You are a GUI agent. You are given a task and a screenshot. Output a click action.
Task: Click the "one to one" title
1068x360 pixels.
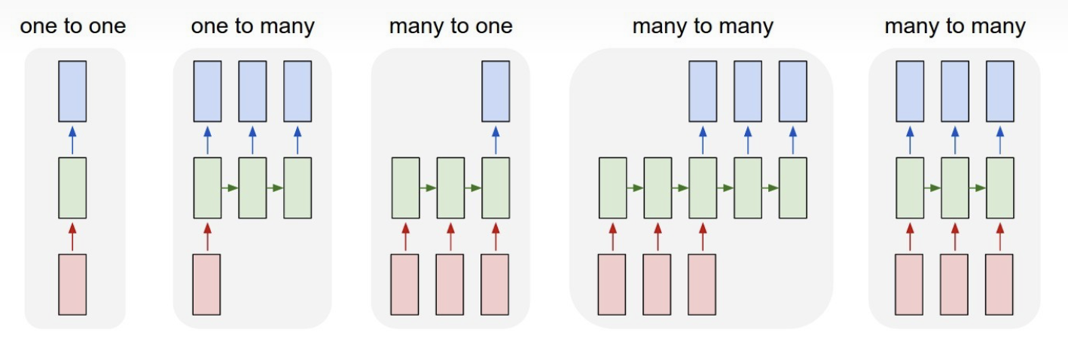point(73,27)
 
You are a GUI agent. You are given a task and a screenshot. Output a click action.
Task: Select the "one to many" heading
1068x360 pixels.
point(252,27)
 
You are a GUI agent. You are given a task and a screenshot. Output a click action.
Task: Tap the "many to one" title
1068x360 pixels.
point(450,27)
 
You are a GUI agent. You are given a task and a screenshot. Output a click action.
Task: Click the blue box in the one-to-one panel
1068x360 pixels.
point(72,91)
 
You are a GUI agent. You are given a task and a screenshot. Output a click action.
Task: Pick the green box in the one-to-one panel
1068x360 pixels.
point(72,188)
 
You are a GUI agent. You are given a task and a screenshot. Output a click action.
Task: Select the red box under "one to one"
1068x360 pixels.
point(72,284)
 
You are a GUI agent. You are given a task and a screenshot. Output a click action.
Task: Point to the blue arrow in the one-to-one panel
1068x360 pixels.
point(72,140)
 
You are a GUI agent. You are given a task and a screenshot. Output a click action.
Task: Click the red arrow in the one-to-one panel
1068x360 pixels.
point(72,236)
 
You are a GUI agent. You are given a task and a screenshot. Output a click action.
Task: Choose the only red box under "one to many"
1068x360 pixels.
point(207,284)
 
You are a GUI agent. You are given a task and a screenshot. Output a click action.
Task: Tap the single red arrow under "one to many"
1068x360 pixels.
point(207,236)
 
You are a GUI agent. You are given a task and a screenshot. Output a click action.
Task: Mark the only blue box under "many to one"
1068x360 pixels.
point(496,91)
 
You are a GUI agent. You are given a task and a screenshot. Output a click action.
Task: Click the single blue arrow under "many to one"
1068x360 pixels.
point(496,140)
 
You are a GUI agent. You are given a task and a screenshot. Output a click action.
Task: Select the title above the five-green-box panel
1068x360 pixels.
point(703,27)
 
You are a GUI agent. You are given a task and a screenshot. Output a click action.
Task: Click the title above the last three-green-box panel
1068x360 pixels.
point(955,27)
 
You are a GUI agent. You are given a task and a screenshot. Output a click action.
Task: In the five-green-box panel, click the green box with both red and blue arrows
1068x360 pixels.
point(703,188)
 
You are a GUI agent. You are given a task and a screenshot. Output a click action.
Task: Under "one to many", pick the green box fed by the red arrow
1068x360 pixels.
point(207,188)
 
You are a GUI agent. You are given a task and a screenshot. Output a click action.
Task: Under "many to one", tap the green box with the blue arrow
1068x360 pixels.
point(496,188)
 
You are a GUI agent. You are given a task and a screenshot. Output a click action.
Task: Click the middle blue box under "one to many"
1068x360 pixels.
point(252,91)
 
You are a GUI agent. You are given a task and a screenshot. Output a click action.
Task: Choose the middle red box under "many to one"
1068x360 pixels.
point(450,284)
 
